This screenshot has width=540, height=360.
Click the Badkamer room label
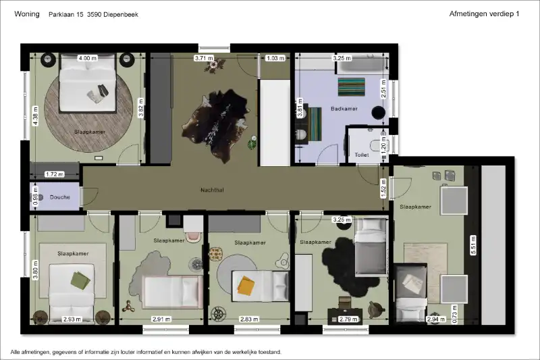344,109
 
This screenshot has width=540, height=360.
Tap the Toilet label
362,155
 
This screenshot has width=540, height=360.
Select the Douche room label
59,197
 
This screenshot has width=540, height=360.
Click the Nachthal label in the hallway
212,190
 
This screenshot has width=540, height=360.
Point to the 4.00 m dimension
88,58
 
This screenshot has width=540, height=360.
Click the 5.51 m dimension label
473,245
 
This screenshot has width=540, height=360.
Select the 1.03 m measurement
275,58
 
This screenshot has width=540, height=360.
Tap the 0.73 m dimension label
454,315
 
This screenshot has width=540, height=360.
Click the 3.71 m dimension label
204,58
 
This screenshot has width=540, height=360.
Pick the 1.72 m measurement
55,174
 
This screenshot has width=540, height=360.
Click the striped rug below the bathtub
351,87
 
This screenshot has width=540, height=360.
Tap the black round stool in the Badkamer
378,112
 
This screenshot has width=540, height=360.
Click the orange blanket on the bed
246,286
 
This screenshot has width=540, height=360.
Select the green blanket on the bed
80,280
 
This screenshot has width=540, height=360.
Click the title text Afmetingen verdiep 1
484,14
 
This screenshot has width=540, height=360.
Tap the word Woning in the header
27,14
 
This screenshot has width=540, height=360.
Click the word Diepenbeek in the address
121,14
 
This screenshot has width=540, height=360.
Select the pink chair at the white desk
194,236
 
